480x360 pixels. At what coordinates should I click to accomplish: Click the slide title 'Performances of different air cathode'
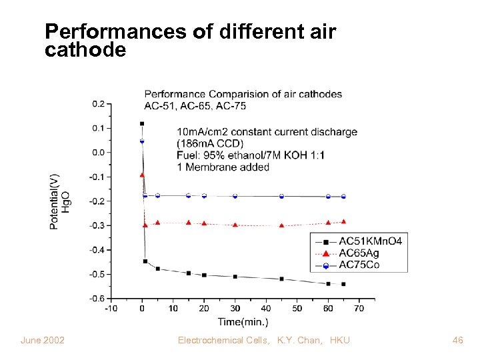[x=189, y=40]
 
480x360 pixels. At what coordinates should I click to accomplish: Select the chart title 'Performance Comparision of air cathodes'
[x=243, y=94]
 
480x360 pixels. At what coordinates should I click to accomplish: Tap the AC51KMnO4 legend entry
[x=369, y=241]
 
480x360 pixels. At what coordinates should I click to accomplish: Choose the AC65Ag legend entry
[x=361, y=253]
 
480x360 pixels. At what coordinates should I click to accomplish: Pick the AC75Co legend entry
[x=361, y=266]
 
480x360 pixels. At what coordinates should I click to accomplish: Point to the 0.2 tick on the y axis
[x=98, y=103]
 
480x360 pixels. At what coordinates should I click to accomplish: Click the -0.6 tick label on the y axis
[x=97, y=298]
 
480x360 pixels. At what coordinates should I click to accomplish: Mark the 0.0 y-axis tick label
[x=98, y=152]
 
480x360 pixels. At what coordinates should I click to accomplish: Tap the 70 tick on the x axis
[x=359, y=309]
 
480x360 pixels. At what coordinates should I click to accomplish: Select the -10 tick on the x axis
[x=111, y=309]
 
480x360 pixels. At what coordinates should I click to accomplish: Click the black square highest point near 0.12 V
[x=142, y=123]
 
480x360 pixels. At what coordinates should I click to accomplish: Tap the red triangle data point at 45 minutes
[x=281, y=225]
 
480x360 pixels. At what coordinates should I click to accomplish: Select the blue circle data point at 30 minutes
[x=235, y=196]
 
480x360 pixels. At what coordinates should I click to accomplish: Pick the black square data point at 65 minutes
[x=343, y=284]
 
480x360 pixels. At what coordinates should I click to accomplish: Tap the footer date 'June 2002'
[x=43, y=341]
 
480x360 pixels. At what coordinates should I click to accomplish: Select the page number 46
[x=457, y=341]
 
